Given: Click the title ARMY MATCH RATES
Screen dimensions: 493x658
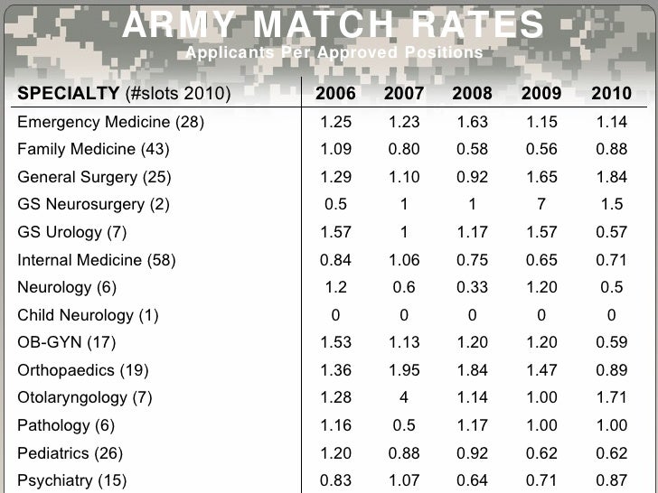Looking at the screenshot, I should point(334,25).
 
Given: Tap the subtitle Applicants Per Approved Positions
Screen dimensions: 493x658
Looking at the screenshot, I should point(334,53).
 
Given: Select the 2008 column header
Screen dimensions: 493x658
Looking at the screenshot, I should point(473,94).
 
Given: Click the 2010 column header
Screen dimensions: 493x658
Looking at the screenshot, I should point(612,94).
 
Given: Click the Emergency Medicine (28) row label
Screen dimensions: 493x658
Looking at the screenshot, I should point(110,122).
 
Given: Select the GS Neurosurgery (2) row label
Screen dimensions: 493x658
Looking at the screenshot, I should point(93,204).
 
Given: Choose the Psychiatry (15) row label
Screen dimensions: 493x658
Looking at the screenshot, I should point(72,480).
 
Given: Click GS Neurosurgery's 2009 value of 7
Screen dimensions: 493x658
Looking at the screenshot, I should point(542,204).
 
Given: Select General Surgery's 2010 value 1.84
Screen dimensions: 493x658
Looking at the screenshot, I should point(612,177).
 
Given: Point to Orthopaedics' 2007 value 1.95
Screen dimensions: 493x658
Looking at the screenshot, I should point(404,370).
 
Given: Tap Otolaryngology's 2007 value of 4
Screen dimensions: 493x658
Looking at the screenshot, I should point(404,398).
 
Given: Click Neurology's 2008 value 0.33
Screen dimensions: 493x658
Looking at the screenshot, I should point(473,287).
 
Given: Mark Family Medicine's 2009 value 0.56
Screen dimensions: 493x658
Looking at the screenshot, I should point(542,149).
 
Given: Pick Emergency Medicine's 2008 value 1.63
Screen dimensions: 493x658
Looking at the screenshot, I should point(473,122).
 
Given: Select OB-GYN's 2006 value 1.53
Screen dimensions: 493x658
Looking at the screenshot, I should point(335,343).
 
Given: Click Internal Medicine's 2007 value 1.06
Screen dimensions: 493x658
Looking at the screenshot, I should point(404,260).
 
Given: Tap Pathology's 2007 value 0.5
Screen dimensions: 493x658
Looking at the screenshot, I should point(404,425).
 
